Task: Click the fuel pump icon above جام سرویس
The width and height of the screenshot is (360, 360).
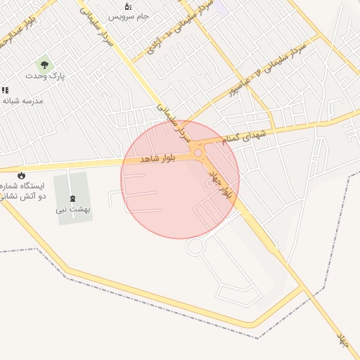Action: point(128,6)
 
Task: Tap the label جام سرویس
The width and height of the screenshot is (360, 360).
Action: point(134,15)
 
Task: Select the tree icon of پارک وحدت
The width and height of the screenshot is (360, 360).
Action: point(44,64)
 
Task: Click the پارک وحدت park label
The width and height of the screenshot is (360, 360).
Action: point(45,75)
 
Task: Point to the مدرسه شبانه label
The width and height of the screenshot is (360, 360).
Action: point(22,101)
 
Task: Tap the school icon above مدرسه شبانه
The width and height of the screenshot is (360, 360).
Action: point(5,90)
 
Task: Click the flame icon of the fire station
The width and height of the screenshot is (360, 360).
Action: point(21,175)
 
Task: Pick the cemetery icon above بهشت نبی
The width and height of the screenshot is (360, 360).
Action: point(75,199)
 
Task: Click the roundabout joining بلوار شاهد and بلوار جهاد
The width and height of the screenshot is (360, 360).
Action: point(199,153)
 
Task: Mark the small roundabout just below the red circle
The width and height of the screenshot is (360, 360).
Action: point(195,246)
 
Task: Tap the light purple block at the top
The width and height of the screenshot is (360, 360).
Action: point(218,7)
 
